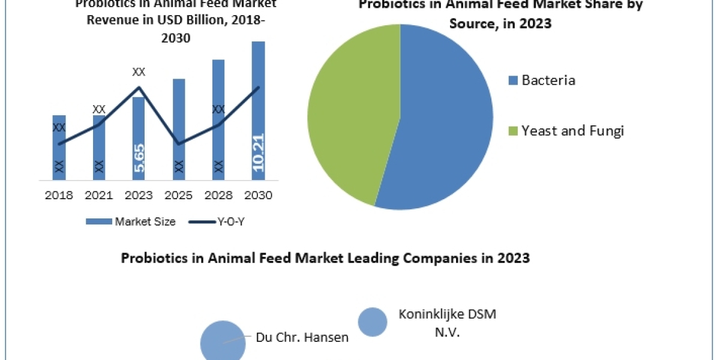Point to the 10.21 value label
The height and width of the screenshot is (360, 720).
click(259, 152)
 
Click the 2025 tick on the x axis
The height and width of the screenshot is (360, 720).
click(179, 196)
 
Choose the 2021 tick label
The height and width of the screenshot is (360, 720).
click(99, 196)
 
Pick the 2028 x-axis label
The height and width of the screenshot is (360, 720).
click(219, 196)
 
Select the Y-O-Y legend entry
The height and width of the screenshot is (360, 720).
click(217, 221)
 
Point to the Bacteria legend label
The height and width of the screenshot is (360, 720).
click(548, 80)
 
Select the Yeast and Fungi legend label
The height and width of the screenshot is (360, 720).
click(572, 130)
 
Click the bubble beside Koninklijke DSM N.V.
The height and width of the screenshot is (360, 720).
click(373, 321)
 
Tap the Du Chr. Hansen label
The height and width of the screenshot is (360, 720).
click(302, 337)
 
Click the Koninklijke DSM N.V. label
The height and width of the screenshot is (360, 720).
click(448, 322)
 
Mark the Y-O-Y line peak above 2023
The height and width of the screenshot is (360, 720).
click(139, 88)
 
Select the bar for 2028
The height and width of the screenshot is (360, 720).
click(218, 120)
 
